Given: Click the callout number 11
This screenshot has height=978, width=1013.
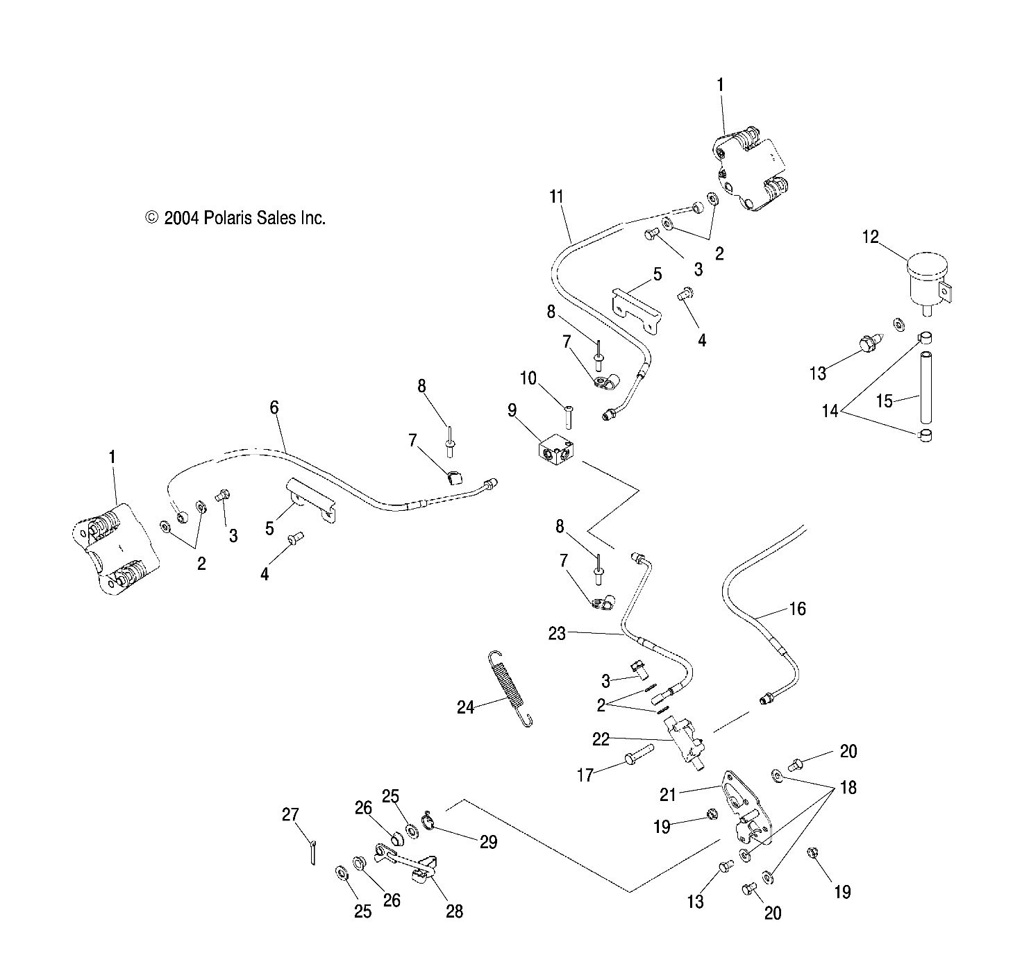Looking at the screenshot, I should pos(556,196).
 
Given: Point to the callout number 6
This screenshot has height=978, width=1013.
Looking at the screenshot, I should pos(274,407).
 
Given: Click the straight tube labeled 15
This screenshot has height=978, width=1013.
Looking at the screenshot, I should pos(924,387).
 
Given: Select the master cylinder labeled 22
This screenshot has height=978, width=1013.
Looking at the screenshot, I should pos(684,738).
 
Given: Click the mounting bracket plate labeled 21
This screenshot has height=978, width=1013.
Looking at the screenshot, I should pos(747,809).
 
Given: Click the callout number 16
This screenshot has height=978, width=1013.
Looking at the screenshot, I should pos(797,609).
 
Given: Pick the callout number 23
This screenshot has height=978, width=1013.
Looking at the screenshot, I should pos(557,633).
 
